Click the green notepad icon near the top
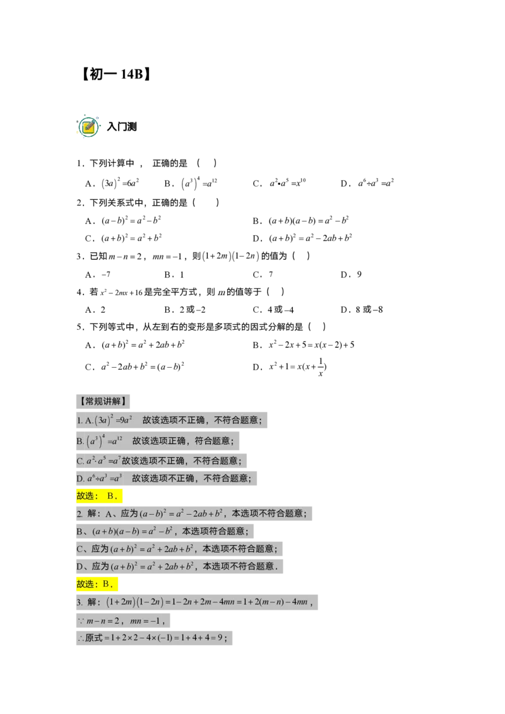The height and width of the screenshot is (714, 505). point(88,127)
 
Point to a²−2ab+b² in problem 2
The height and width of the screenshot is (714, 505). point(193,513)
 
